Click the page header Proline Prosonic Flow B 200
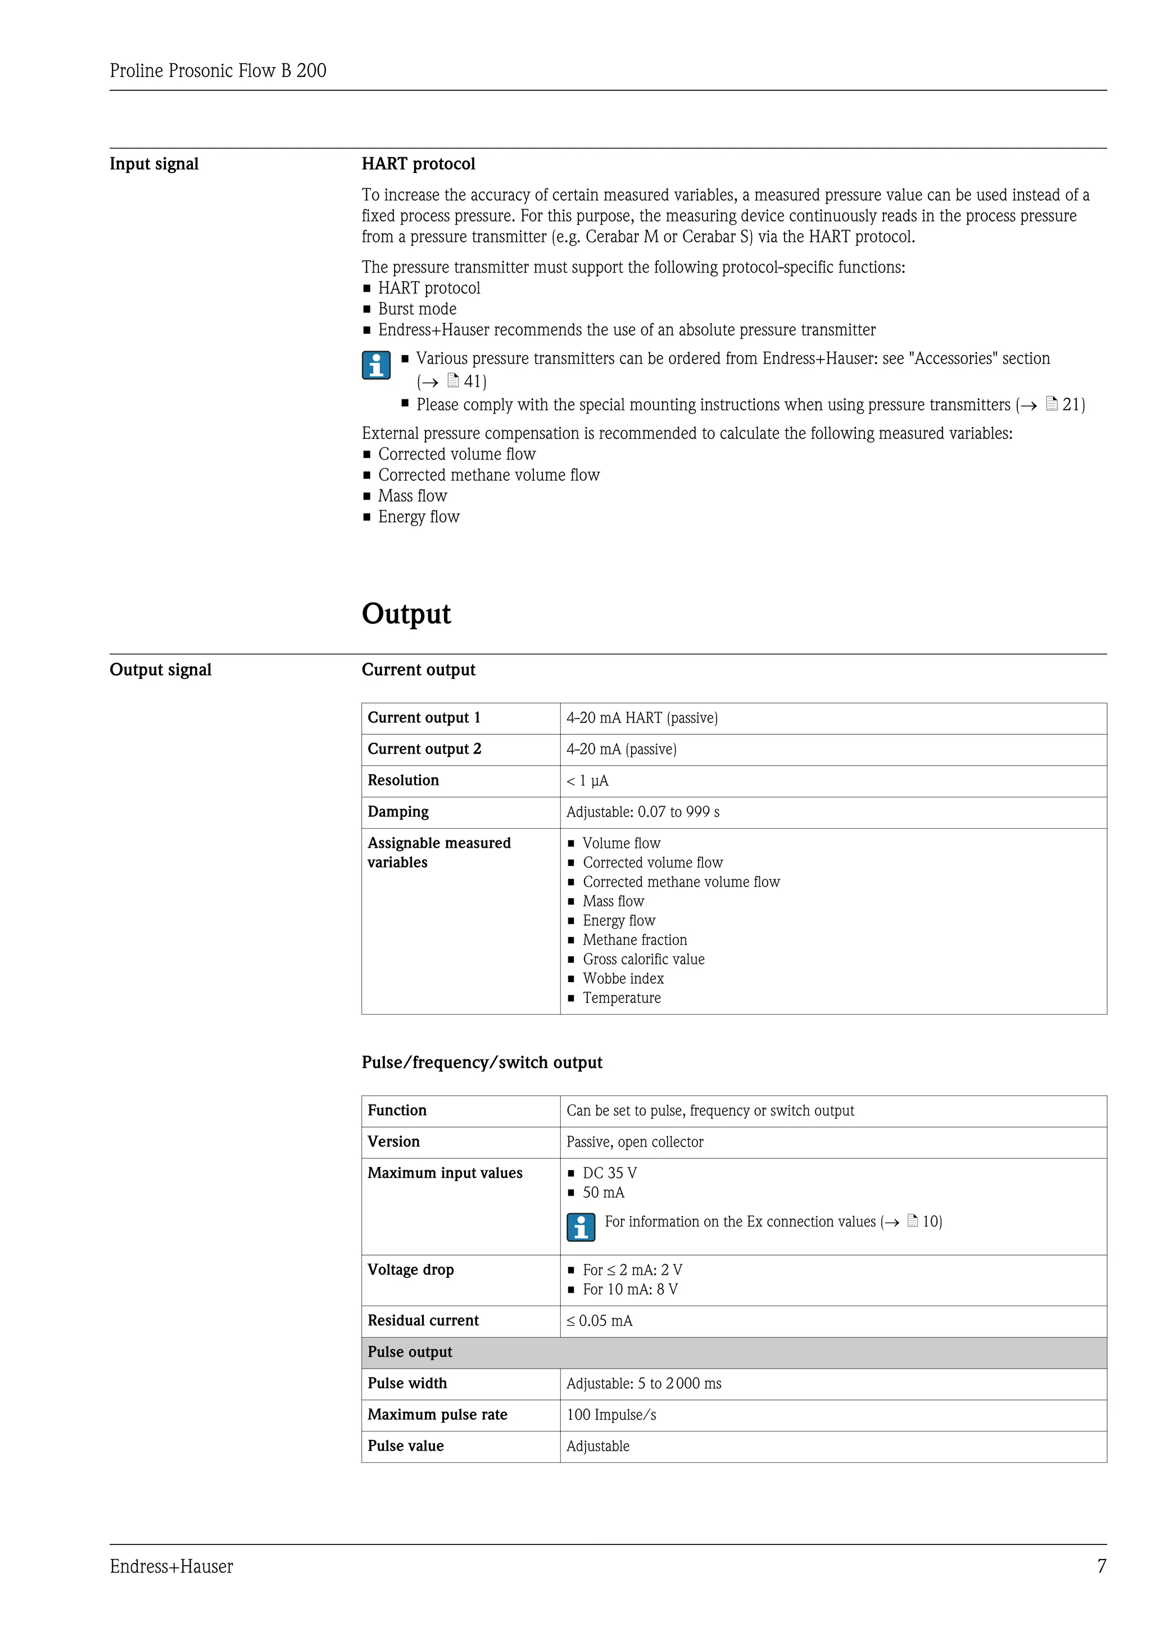pyautogui.click(x=217, y=70)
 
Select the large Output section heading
pyautogui.click(x=406, y=613)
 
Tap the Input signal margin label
pyautogui.click(x=154, y=163)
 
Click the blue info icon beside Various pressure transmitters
pyautogui.click(x=375, y=366)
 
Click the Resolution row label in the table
pyautogui.click(x=402, y=780)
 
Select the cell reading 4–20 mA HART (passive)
pyautogui.click(x=641, y=718)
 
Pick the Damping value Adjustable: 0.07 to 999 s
pyautogui.click(x=642, y=812)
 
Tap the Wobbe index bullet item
pyautogui.click(x=623, y=979)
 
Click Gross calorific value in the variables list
pyautogui.click(x=643, y=960)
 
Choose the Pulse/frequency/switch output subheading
pyautogui.click(x=481, y=1062)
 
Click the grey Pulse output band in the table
pyautogui.click(x=733, y=1352)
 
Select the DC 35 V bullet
pyautogui.click(x=609, y=1174)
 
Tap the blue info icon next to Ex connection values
pyautogui.click(x=581, y=1228)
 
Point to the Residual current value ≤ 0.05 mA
pyautogui.click(x=599, y=1321)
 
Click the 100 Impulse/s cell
pyautogui.click(x=611, y=1415)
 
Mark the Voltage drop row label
pyautogui.click(x=410, y=1270)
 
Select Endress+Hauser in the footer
pyautogui.click(x=171, y=1567)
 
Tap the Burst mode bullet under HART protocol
pyautogui.click(x=417, y=309)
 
